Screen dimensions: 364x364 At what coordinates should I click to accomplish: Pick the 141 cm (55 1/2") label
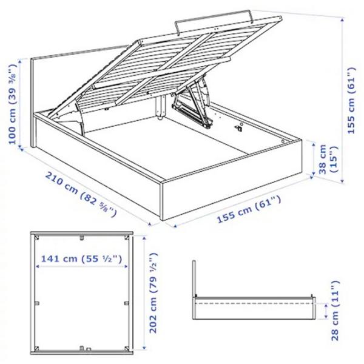82,259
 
